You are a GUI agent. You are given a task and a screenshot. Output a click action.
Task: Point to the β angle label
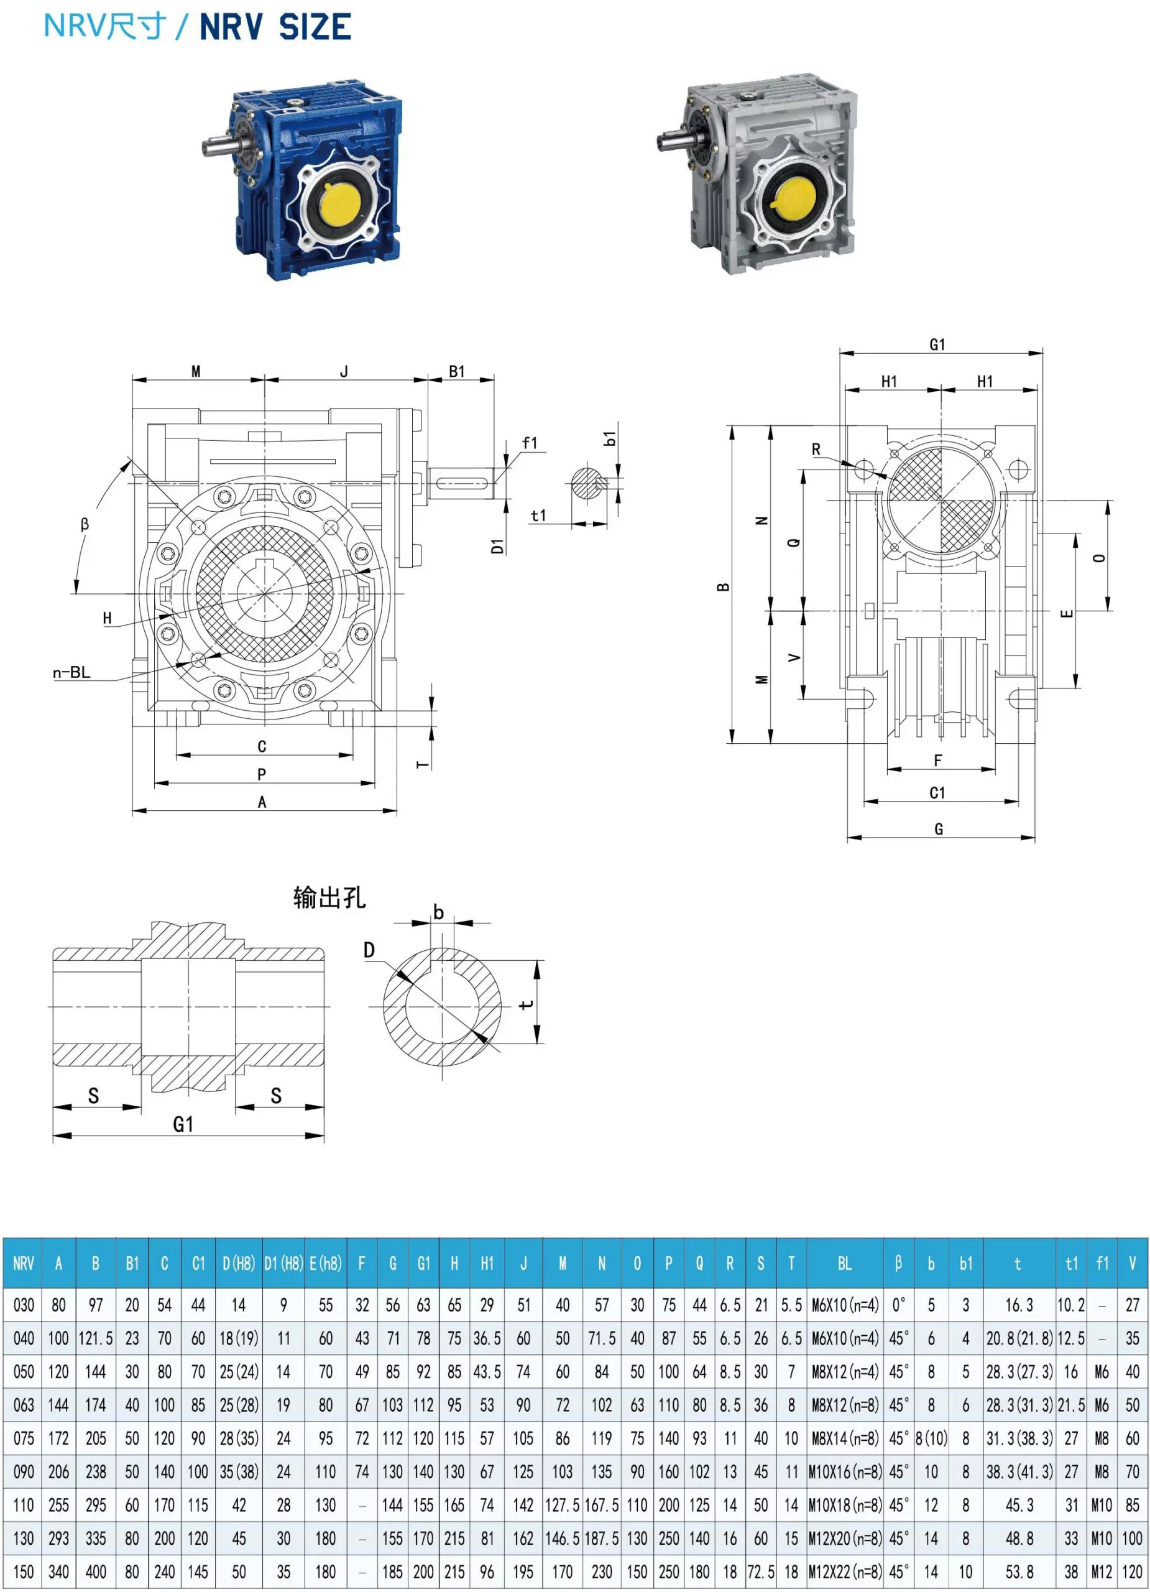tap(85, 524)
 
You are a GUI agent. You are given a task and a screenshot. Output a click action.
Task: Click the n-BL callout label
tap(71, 672)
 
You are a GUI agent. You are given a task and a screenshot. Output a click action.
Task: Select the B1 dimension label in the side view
tap(457, 371)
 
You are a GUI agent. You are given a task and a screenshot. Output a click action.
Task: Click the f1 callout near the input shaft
tap(530, 443)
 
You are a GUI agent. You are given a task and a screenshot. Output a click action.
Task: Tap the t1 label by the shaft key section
tap(538, 516)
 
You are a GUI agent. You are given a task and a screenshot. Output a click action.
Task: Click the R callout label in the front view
tap(816, 449)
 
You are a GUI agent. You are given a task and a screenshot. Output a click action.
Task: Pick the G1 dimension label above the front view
tap(937, 345)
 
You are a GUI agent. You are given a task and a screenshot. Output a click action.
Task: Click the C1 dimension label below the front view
tap(937, 793)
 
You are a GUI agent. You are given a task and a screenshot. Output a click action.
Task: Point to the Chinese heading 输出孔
tap(329, 898)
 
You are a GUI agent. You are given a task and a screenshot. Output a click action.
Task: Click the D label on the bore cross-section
tap(369, 950)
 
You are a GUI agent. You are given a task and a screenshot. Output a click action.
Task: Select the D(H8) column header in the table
tap(239, 1264)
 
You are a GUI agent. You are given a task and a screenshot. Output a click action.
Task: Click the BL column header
tap(845, 1264)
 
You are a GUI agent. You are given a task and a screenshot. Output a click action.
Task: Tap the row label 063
tap(23, 1405)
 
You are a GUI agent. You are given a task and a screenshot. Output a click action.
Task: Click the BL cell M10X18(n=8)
tap(845, 1505)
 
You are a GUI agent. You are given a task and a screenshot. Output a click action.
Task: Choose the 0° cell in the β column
tap(898, 1305)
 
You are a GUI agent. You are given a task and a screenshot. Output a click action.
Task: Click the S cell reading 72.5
tap(761, 1571)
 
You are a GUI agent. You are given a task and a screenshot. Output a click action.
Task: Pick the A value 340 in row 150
tap(58, 1571)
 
